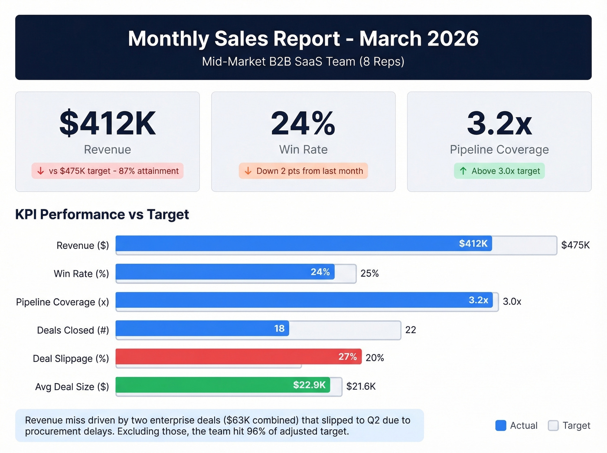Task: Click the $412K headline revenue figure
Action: (x=108, y=124)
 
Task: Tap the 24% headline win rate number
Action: (x=303, y=124)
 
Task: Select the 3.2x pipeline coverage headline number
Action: (x=499, y=124)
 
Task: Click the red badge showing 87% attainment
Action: (x=108, y=171)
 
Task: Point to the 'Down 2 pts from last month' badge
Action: (x=303, y=171)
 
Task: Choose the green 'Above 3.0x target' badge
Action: (x=499, y=171)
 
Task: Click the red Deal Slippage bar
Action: (x=225, y=357)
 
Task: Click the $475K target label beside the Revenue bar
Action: (x=575, y=245)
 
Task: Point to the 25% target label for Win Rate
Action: (x=369, y=274)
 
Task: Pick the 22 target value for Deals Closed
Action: (x=411, y=330)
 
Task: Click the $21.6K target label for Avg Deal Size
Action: (x=361, y=386)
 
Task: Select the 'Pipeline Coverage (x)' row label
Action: (x=62, y=302)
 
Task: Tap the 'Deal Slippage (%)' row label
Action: (x=71, y=358)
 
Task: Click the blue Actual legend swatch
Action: (x=501, y=426)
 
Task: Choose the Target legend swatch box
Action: (x=553, y=426)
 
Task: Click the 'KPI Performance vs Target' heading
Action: (x=102, y=214)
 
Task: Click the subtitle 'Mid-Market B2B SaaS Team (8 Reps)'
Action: (x=303, y=62)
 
